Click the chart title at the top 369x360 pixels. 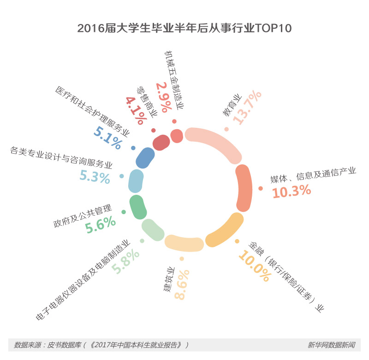[184, 28]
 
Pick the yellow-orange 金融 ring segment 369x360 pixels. [225, 231]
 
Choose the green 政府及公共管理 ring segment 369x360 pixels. [137, 207]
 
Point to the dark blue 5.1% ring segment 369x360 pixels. [145, 158]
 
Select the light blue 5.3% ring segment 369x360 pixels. [136, 181]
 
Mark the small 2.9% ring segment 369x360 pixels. [177, 136]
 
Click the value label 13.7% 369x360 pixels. [247, 107]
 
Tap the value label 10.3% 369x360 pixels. [292, 191]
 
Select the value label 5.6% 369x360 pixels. [101, 225]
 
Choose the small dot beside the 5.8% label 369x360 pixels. [142, 241]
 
